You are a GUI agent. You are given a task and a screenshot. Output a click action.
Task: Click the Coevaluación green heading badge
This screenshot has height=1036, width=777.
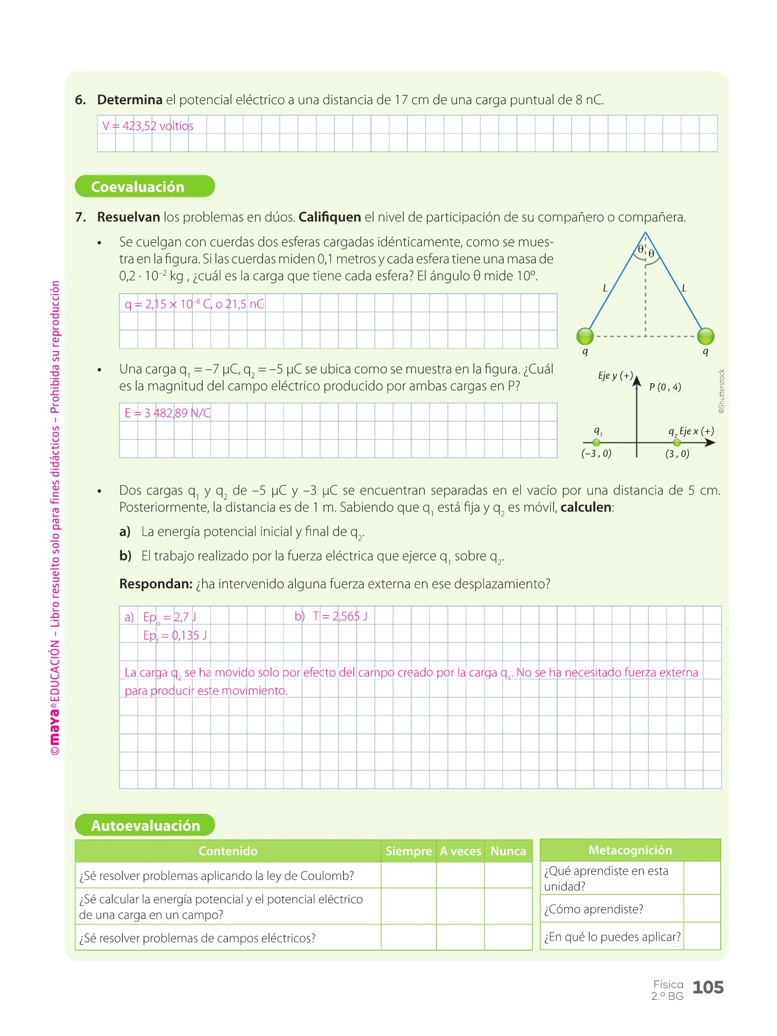pos(144,186)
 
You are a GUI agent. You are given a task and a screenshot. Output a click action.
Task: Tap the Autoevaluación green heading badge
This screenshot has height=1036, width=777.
pos(145,825)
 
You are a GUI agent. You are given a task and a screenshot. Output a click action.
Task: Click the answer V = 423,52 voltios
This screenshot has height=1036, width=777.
pos(148,126)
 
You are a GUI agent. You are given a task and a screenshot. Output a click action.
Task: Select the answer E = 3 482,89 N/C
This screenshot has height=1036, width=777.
pos(167,413)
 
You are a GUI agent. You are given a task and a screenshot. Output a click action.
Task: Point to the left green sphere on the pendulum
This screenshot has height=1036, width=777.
pos(585,336)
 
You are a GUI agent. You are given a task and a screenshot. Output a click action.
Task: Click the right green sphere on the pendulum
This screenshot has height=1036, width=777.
pos(706,336)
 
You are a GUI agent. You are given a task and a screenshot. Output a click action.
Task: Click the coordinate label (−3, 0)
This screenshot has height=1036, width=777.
pos(596,454)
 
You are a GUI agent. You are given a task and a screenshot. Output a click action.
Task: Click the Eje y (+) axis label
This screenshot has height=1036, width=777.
pos(615,376)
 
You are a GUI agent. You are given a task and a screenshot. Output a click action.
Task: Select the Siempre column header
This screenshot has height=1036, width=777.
pos(408,851)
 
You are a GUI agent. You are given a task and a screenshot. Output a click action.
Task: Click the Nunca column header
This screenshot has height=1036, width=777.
pos(508,851)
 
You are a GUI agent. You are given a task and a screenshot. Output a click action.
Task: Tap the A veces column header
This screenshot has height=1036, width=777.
pos(460,851)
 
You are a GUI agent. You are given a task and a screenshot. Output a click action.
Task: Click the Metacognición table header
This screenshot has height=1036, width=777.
pos(630,850)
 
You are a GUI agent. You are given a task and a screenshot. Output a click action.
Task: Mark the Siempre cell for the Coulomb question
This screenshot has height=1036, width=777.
pos(408,875)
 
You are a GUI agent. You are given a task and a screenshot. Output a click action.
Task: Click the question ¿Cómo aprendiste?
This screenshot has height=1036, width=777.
pos(593,909)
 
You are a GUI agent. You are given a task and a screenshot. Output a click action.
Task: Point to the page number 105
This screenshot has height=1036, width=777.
pos(707,988)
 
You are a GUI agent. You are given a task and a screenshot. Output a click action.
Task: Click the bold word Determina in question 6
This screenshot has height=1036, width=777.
pos(129,100)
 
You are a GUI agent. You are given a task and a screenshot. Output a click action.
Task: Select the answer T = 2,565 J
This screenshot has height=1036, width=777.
pos(340,616)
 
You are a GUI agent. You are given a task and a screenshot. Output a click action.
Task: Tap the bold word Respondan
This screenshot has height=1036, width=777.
pos(155,584)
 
